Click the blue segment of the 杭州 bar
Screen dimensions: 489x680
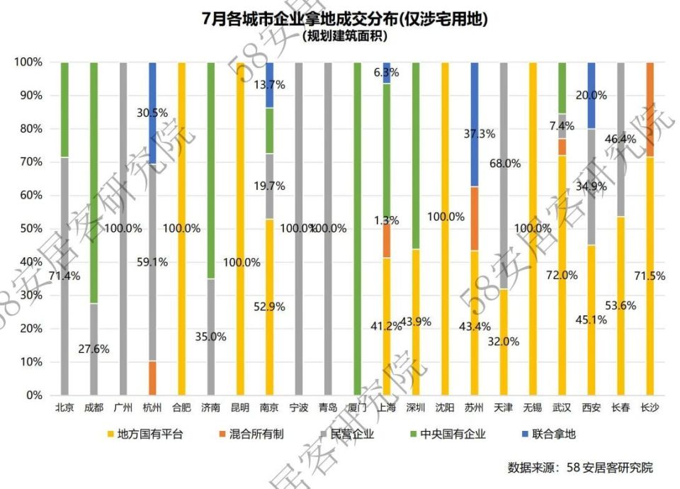pos(152,113)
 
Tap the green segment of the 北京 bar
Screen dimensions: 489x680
pos(64,109)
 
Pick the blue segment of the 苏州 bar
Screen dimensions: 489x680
pos(474,124)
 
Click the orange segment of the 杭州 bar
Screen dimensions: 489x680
pos(152,378)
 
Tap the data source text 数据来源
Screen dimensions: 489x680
pos(579,468)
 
